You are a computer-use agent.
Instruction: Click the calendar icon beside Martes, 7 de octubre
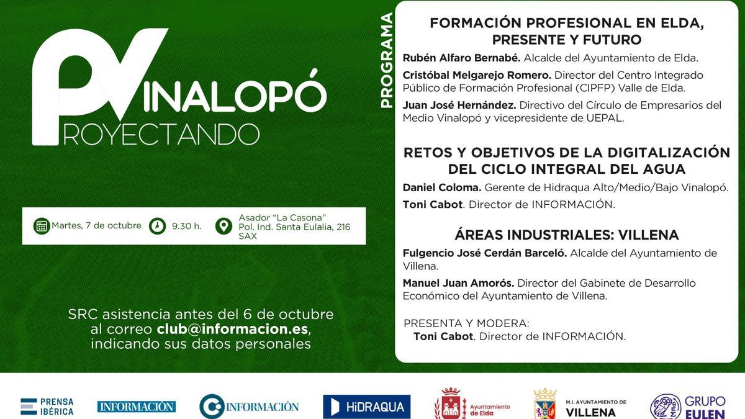(42, 226)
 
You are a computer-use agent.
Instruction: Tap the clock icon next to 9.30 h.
(158, 226)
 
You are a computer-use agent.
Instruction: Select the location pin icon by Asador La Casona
(223, 226)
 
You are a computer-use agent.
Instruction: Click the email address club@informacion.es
(232, 329)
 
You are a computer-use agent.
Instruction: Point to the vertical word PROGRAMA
(387, 60)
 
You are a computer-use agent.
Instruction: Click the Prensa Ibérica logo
(47, 407)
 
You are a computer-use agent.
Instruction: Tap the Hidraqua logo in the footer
(366, 407)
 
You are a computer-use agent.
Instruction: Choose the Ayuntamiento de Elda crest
(450, 405)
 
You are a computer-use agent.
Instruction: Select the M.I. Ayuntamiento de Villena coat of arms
(544, 405)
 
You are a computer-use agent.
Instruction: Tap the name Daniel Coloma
(441, 187)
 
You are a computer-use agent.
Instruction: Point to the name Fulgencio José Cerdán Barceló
(484, 253)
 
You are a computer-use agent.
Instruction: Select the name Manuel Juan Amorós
(458, 283)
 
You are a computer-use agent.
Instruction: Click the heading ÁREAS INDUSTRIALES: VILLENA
(566, 235)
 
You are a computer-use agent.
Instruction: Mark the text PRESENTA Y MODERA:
(466, 323)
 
